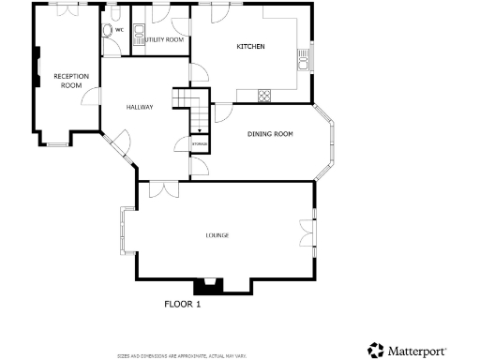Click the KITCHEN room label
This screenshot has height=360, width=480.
click(x=250, y=46)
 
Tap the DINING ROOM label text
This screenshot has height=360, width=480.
click(x=270, y=134)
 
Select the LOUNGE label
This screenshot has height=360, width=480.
click(x=217, y=234)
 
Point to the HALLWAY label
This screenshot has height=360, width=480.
click(x=140, y=107)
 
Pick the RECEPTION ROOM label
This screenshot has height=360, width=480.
click(x=70, y=80)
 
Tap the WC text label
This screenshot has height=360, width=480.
click(x=119, y=30)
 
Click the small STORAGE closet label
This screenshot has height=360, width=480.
click(x=199, y=143)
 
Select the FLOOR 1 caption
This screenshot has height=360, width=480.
click(x=183, y=305)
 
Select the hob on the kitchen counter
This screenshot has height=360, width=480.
click(x=264, y=95)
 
